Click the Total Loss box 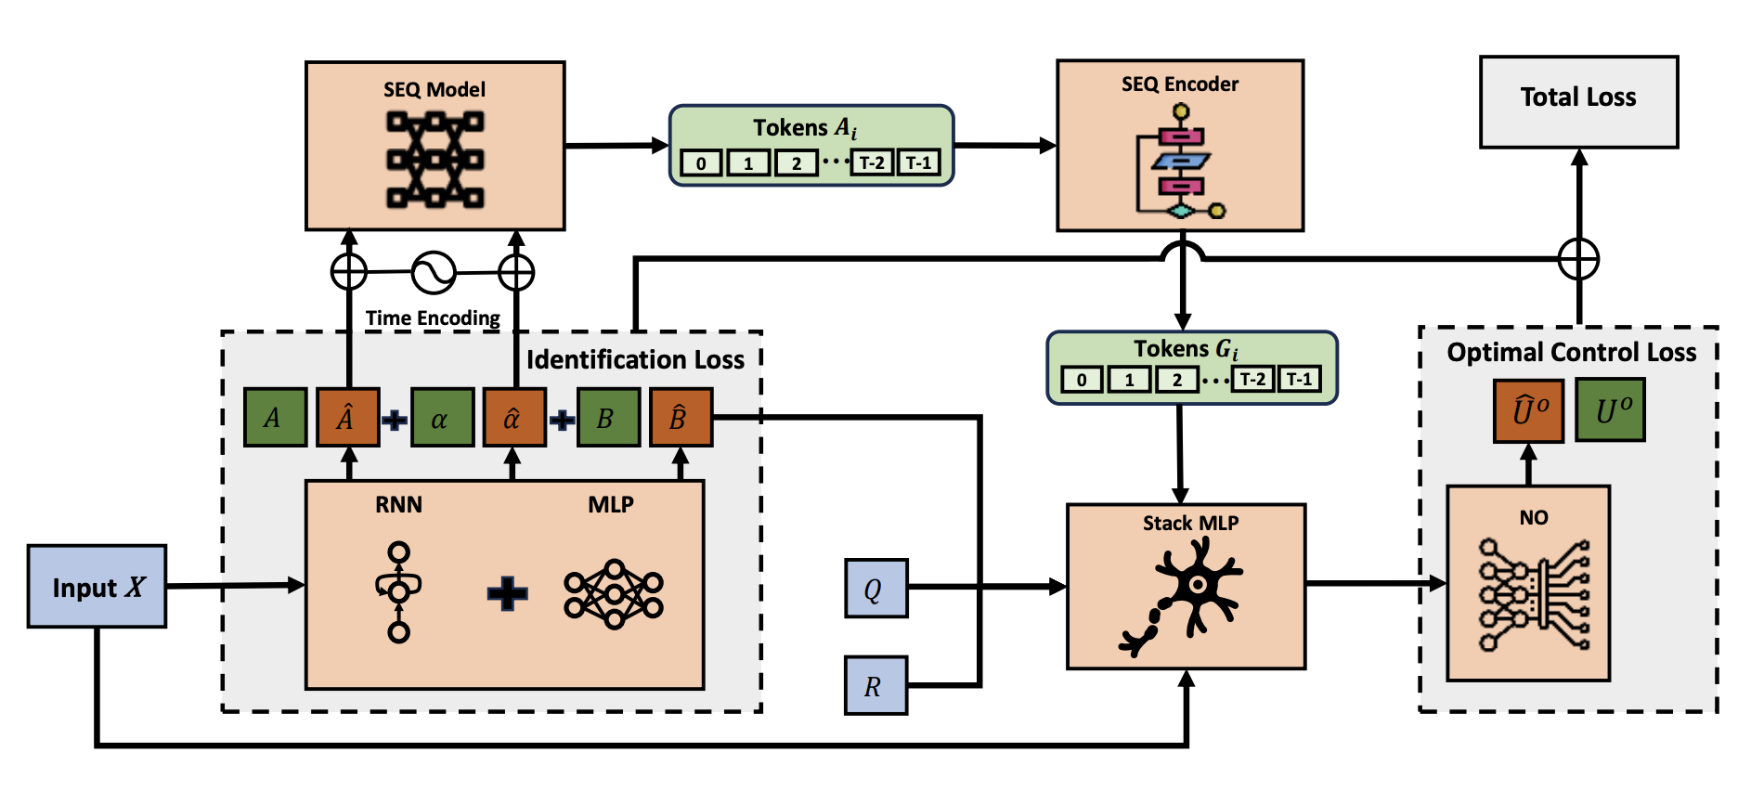point(1578,101)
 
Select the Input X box point(97,587)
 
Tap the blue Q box point(876,589)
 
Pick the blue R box point(876,685)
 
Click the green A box point(275,418)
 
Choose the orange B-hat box point(681,418)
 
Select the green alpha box point(442,418)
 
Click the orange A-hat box point(348,418)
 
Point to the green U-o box point(1610,409)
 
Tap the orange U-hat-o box point(1528,409)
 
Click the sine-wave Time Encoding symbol point(434,272)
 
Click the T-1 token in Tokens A point(918,162)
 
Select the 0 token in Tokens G point(1082,380)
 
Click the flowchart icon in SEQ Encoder point(1179,162)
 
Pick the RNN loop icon point(398,592)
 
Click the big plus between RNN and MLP point(507,592)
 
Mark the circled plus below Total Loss point(1578,258)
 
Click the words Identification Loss point(635,359)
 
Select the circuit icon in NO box point(1533,594)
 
